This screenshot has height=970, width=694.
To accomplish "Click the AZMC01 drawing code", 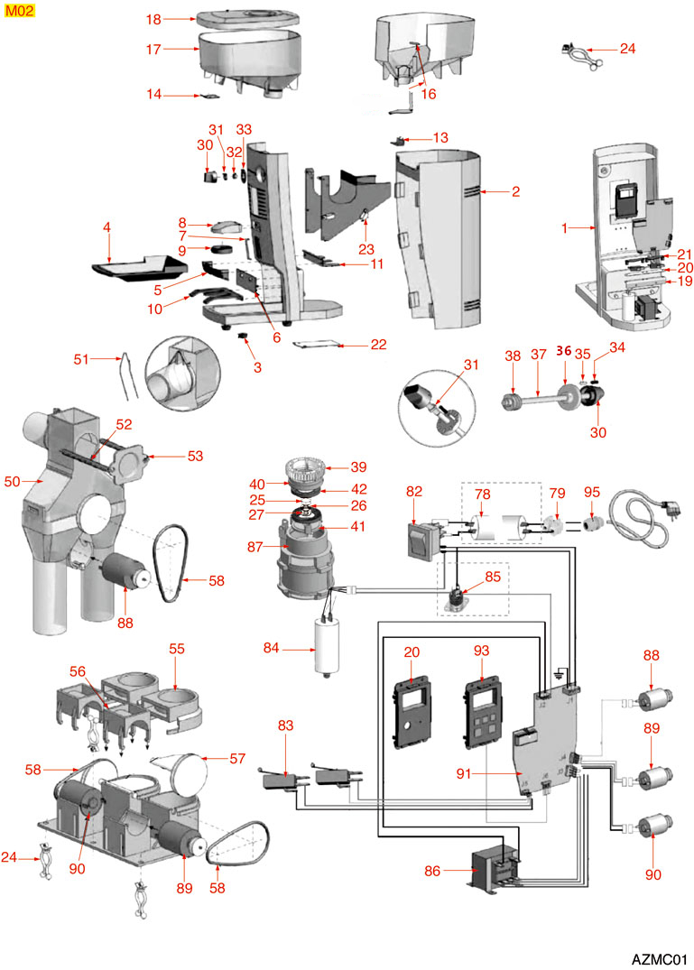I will point(660,956).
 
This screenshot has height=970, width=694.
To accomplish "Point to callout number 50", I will point(12,482).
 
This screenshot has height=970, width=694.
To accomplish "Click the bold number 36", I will point(564,351).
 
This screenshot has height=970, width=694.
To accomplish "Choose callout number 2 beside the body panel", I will point(515,191).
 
